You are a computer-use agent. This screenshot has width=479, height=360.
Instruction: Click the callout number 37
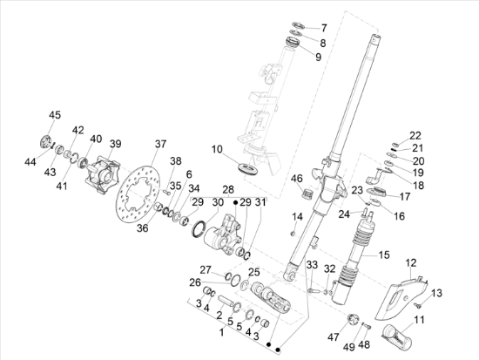pyautogui.click(x=160, y=144)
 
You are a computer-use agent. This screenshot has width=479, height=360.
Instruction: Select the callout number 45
pyautogui.click(x=55, y=115)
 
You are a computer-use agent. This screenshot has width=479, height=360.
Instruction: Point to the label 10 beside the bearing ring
pyautogui.click(x=217, y=149)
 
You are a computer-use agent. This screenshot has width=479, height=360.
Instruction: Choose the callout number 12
pyautogui.click(x=411, y=262)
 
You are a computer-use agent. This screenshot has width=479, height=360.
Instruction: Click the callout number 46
pyautogui.click(x=297, y=179)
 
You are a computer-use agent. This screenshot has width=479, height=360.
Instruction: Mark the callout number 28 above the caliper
pyautogui.click(x=227, y=189)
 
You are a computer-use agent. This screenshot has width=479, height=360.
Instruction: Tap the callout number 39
pyautogui.click(x=115, y=144)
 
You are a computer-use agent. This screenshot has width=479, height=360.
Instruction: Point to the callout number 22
pyautogui.click(x=415, y=134)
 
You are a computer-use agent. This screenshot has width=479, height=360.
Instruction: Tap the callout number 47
pyautogui.click(x=333, y=335)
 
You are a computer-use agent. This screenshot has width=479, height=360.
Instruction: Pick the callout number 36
pyautogui.click(x=143, y=228)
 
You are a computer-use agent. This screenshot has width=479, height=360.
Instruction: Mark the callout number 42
pyautogui.click(x=78, y=130)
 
